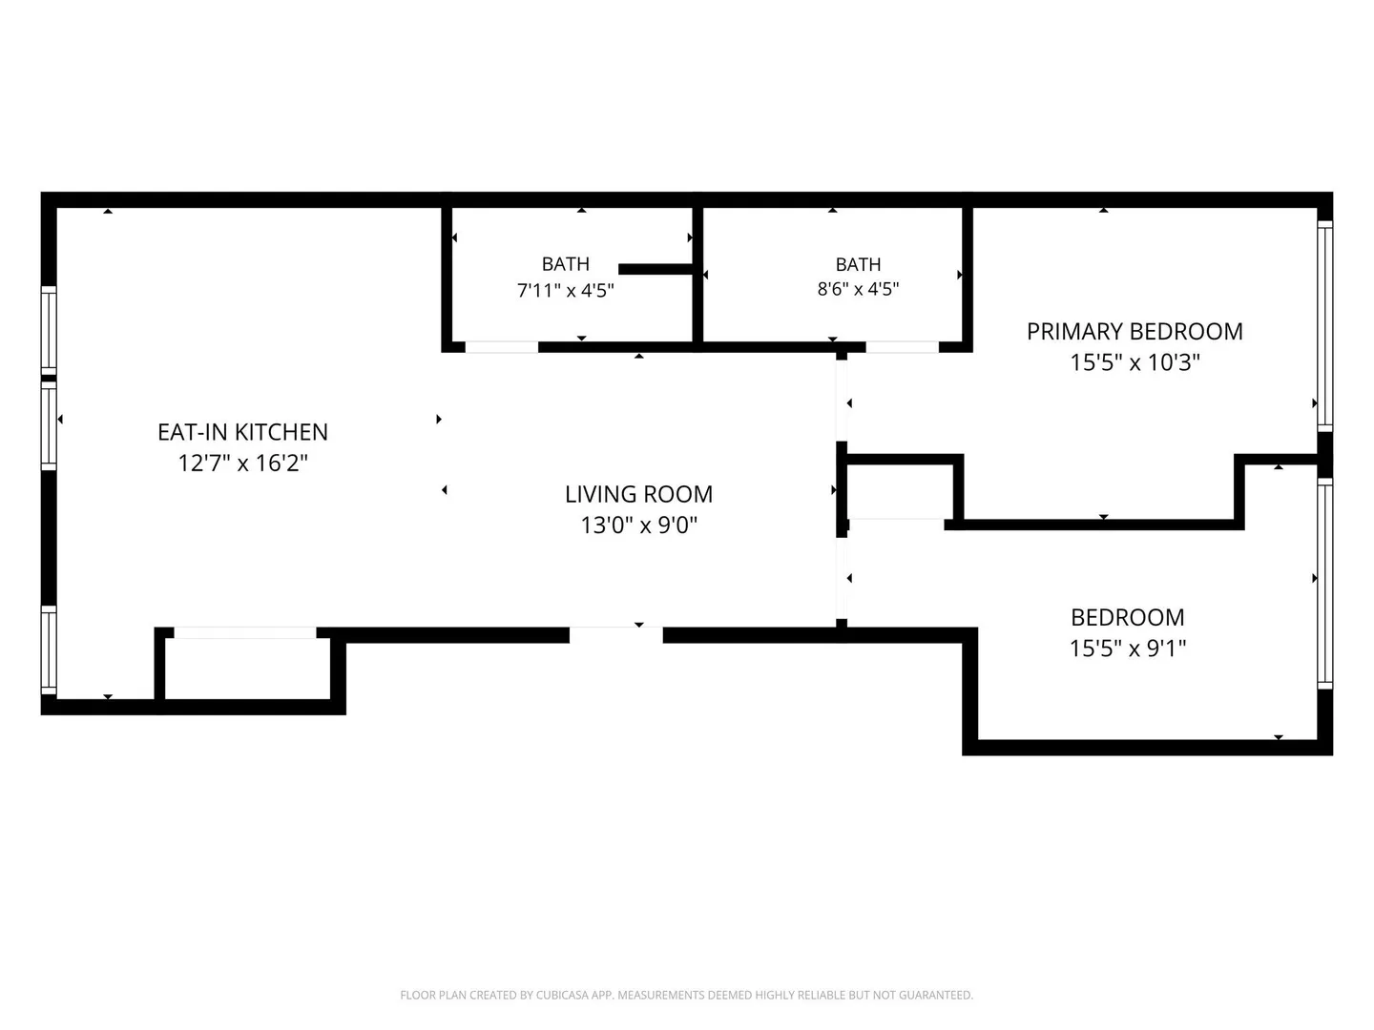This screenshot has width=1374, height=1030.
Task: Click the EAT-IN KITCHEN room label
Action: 243,432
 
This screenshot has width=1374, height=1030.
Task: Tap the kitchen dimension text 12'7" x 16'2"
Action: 243,463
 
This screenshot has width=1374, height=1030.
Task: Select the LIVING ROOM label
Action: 638,494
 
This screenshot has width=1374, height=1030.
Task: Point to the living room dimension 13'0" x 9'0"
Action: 638,525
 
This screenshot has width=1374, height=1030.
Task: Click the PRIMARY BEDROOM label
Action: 1135,332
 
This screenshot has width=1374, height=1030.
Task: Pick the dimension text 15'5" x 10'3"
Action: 1135,362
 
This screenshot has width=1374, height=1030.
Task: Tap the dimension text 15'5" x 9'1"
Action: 1128,649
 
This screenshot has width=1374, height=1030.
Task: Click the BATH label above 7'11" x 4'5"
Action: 565,264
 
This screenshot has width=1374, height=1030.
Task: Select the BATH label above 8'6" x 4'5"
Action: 858,264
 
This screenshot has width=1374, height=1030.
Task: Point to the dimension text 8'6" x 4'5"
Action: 858,289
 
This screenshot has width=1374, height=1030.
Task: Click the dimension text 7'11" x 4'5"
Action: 565,291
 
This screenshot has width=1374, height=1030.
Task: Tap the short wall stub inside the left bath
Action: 656,269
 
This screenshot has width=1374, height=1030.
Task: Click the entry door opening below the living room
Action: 616,635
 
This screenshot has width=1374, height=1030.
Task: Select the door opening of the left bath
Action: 501,347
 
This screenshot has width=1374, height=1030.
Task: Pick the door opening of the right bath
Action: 902,347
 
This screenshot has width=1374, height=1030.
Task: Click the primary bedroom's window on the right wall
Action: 1324,326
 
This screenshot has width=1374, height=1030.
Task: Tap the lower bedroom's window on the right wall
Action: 1324,584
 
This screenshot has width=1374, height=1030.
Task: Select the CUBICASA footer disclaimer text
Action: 686,995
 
